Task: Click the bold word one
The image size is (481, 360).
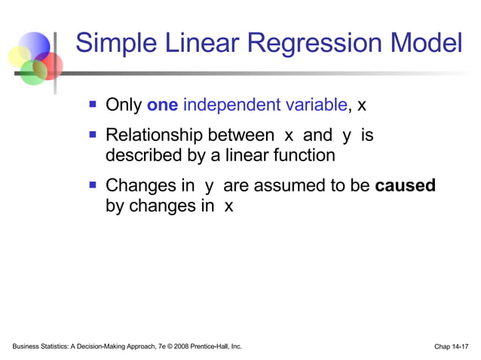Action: [162, 105]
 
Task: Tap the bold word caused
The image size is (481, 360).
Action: [405, 185]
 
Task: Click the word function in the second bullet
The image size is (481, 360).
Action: [303, 155]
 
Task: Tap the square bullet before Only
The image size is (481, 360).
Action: [93, 104]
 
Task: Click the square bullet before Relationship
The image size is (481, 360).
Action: [93, 136]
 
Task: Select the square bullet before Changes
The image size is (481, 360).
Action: [93, 185]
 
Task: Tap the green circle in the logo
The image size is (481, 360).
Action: [32, 72]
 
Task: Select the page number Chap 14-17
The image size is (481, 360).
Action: [451, 346]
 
